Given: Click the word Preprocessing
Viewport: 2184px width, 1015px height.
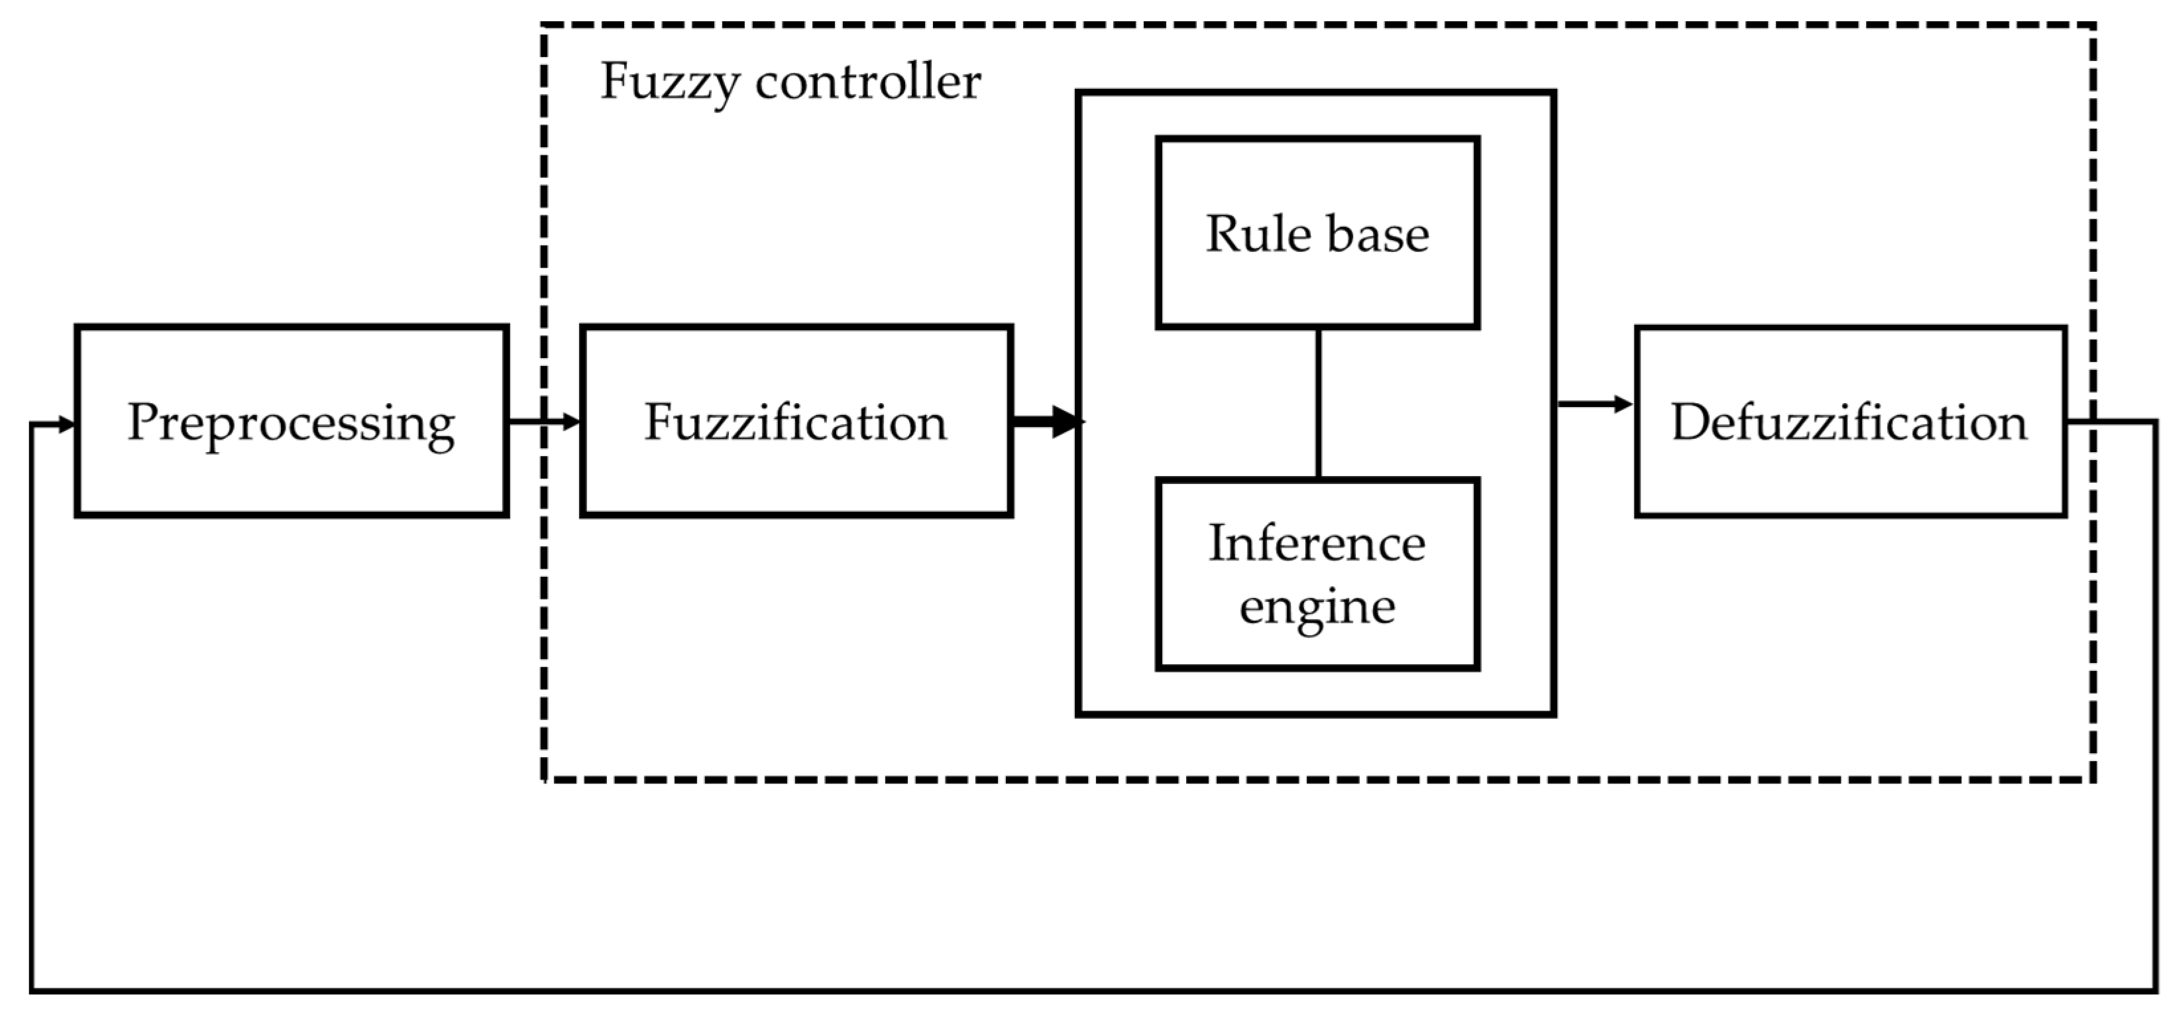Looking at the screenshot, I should [291, 422].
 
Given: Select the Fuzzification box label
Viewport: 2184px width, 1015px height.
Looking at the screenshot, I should [795, 422].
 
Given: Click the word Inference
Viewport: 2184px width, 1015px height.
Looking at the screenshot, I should [1317, 543].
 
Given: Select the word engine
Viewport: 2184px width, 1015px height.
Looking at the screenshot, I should [1317, 607].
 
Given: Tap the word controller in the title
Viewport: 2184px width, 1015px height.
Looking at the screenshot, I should [867, 82].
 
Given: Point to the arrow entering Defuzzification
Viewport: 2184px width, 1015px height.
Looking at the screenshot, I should [1594, 404].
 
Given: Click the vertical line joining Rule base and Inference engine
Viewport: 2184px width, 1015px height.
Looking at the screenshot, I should [1319, 404].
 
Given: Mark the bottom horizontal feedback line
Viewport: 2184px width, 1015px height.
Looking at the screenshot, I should [1094, 990].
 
